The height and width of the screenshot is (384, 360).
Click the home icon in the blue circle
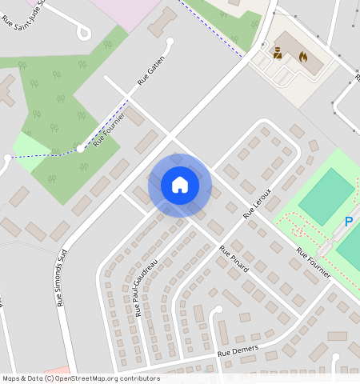point(180,185)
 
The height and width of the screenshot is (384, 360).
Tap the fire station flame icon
point(303,57)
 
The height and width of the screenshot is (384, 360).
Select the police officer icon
point(278,53)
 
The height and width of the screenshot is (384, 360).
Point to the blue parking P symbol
point(349,222)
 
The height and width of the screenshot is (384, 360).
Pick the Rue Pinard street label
point(234,259)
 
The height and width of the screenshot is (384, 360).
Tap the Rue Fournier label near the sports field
point(314,262)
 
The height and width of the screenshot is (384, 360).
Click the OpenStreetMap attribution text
point(81,378)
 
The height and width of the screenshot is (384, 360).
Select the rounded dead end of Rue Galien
point(169,41)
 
